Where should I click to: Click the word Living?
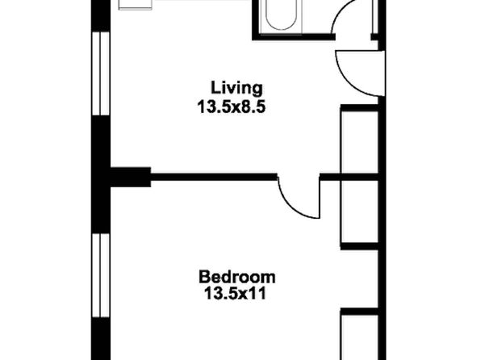(x=236, y=88)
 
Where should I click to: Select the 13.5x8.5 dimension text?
(x=231, y=107)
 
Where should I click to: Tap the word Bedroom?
(x=236, y=277)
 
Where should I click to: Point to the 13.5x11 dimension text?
(x=235, y=293)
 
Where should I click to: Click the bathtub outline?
(x=281, y=15)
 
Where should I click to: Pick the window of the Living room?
(x=101, y=73)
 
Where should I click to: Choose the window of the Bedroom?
(x=101, y=275)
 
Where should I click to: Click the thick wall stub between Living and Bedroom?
(x=131, y=177)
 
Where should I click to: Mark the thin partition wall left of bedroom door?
(x=214, y=177)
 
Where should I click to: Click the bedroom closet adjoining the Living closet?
(x=359, y=211)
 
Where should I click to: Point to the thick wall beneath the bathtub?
(x=294, y=37)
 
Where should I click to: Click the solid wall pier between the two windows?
(x=101, y=174)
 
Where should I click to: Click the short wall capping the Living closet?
(x=359, y=107)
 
